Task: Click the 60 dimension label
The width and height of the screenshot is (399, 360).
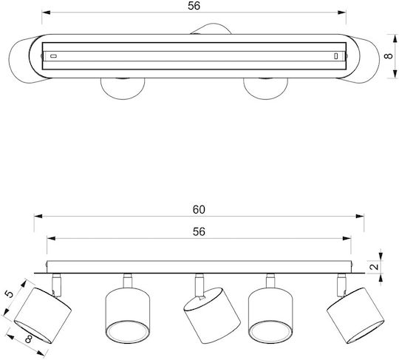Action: [199, 209]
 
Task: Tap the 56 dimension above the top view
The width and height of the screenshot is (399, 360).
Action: [194, 6]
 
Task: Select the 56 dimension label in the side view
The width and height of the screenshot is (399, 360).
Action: [199, 231]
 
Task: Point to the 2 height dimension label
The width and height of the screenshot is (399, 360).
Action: [374, 267]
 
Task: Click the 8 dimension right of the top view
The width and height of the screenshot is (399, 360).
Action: [389, 56]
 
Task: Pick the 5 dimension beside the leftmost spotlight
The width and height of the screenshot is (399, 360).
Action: [9, 294]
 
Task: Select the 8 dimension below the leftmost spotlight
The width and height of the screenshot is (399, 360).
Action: [29, 339]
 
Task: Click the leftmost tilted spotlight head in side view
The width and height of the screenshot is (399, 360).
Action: [43, 316]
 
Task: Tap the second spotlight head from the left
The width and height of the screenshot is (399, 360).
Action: [128, 316]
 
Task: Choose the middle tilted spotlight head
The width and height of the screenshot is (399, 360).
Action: [212, 316]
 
